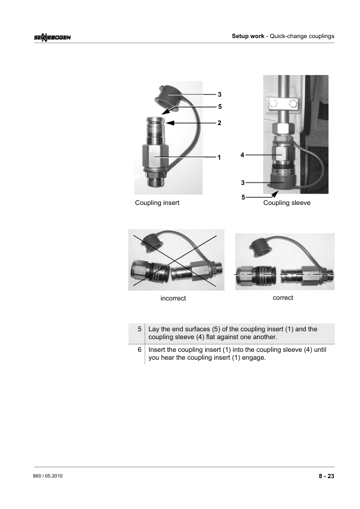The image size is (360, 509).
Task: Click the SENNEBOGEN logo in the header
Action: [52, 37]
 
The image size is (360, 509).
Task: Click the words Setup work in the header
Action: [248, 36]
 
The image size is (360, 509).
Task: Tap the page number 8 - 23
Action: [326, 476]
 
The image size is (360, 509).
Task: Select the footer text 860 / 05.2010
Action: [48, 476]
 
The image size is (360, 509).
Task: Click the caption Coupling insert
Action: [157, 203]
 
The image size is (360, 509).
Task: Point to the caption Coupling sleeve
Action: [287, 203]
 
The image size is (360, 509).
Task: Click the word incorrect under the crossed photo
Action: [173, 298]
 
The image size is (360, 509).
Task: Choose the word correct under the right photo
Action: [283, 297]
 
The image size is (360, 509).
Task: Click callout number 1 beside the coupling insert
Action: [219, 157]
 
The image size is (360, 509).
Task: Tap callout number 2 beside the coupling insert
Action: [219, 123]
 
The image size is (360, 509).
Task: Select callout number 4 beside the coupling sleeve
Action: [242, 155]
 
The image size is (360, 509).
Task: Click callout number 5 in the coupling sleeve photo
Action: [243, 197]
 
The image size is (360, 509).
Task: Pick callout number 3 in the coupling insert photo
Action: [220, 94]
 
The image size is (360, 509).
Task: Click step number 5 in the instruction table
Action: [139, 329]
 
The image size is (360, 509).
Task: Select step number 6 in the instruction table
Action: [139, 349]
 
